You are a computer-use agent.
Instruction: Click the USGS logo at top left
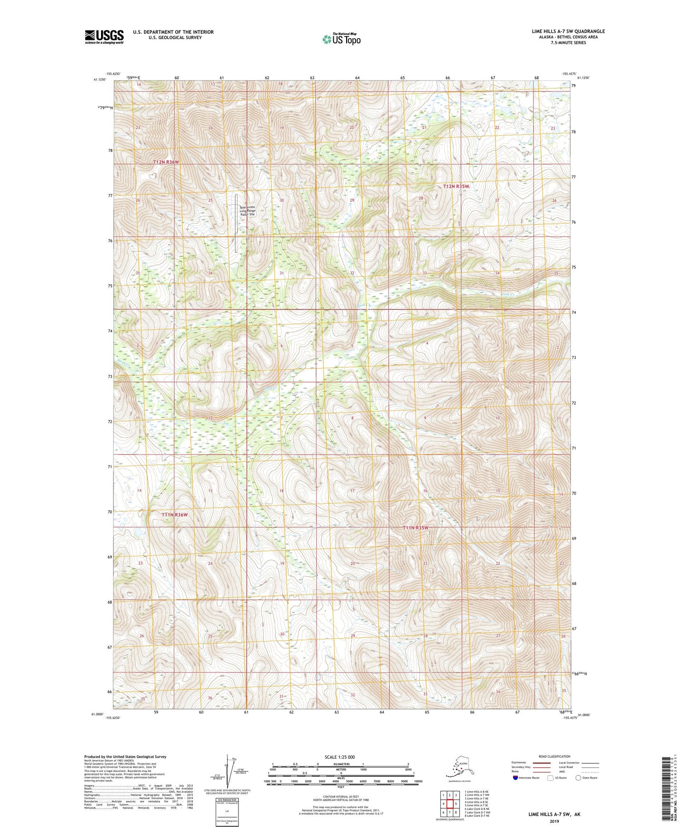point(104,37)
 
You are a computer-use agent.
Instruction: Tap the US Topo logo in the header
point(341,39)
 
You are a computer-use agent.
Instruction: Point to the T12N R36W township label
point(166,162)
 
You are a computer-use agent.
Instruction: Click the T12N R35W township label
point(456,187)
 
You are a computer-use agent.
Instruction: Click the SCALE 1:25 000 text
point(339,757)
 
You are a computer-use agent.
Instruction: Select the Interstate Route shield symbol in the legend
point(515,778)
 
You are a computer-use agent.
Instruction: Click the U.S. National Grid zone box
point(227,810)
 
